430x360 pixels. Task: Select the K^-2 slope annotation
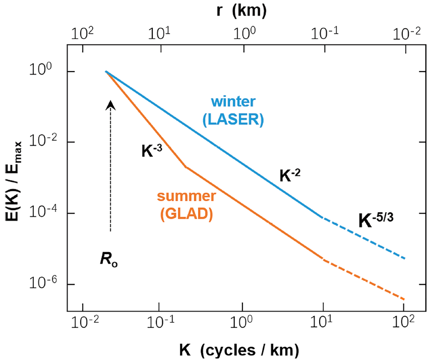pyautogui.click(x=289, y=175)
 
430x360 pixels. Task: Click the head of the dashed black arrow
pyautogui.click(x=111, y=104)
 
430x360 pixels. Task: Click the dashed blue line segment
pyautogui.click(x=363, y=237)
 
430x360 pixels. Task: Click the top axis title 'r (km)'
pyautogui.click(x=242, y=10)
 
